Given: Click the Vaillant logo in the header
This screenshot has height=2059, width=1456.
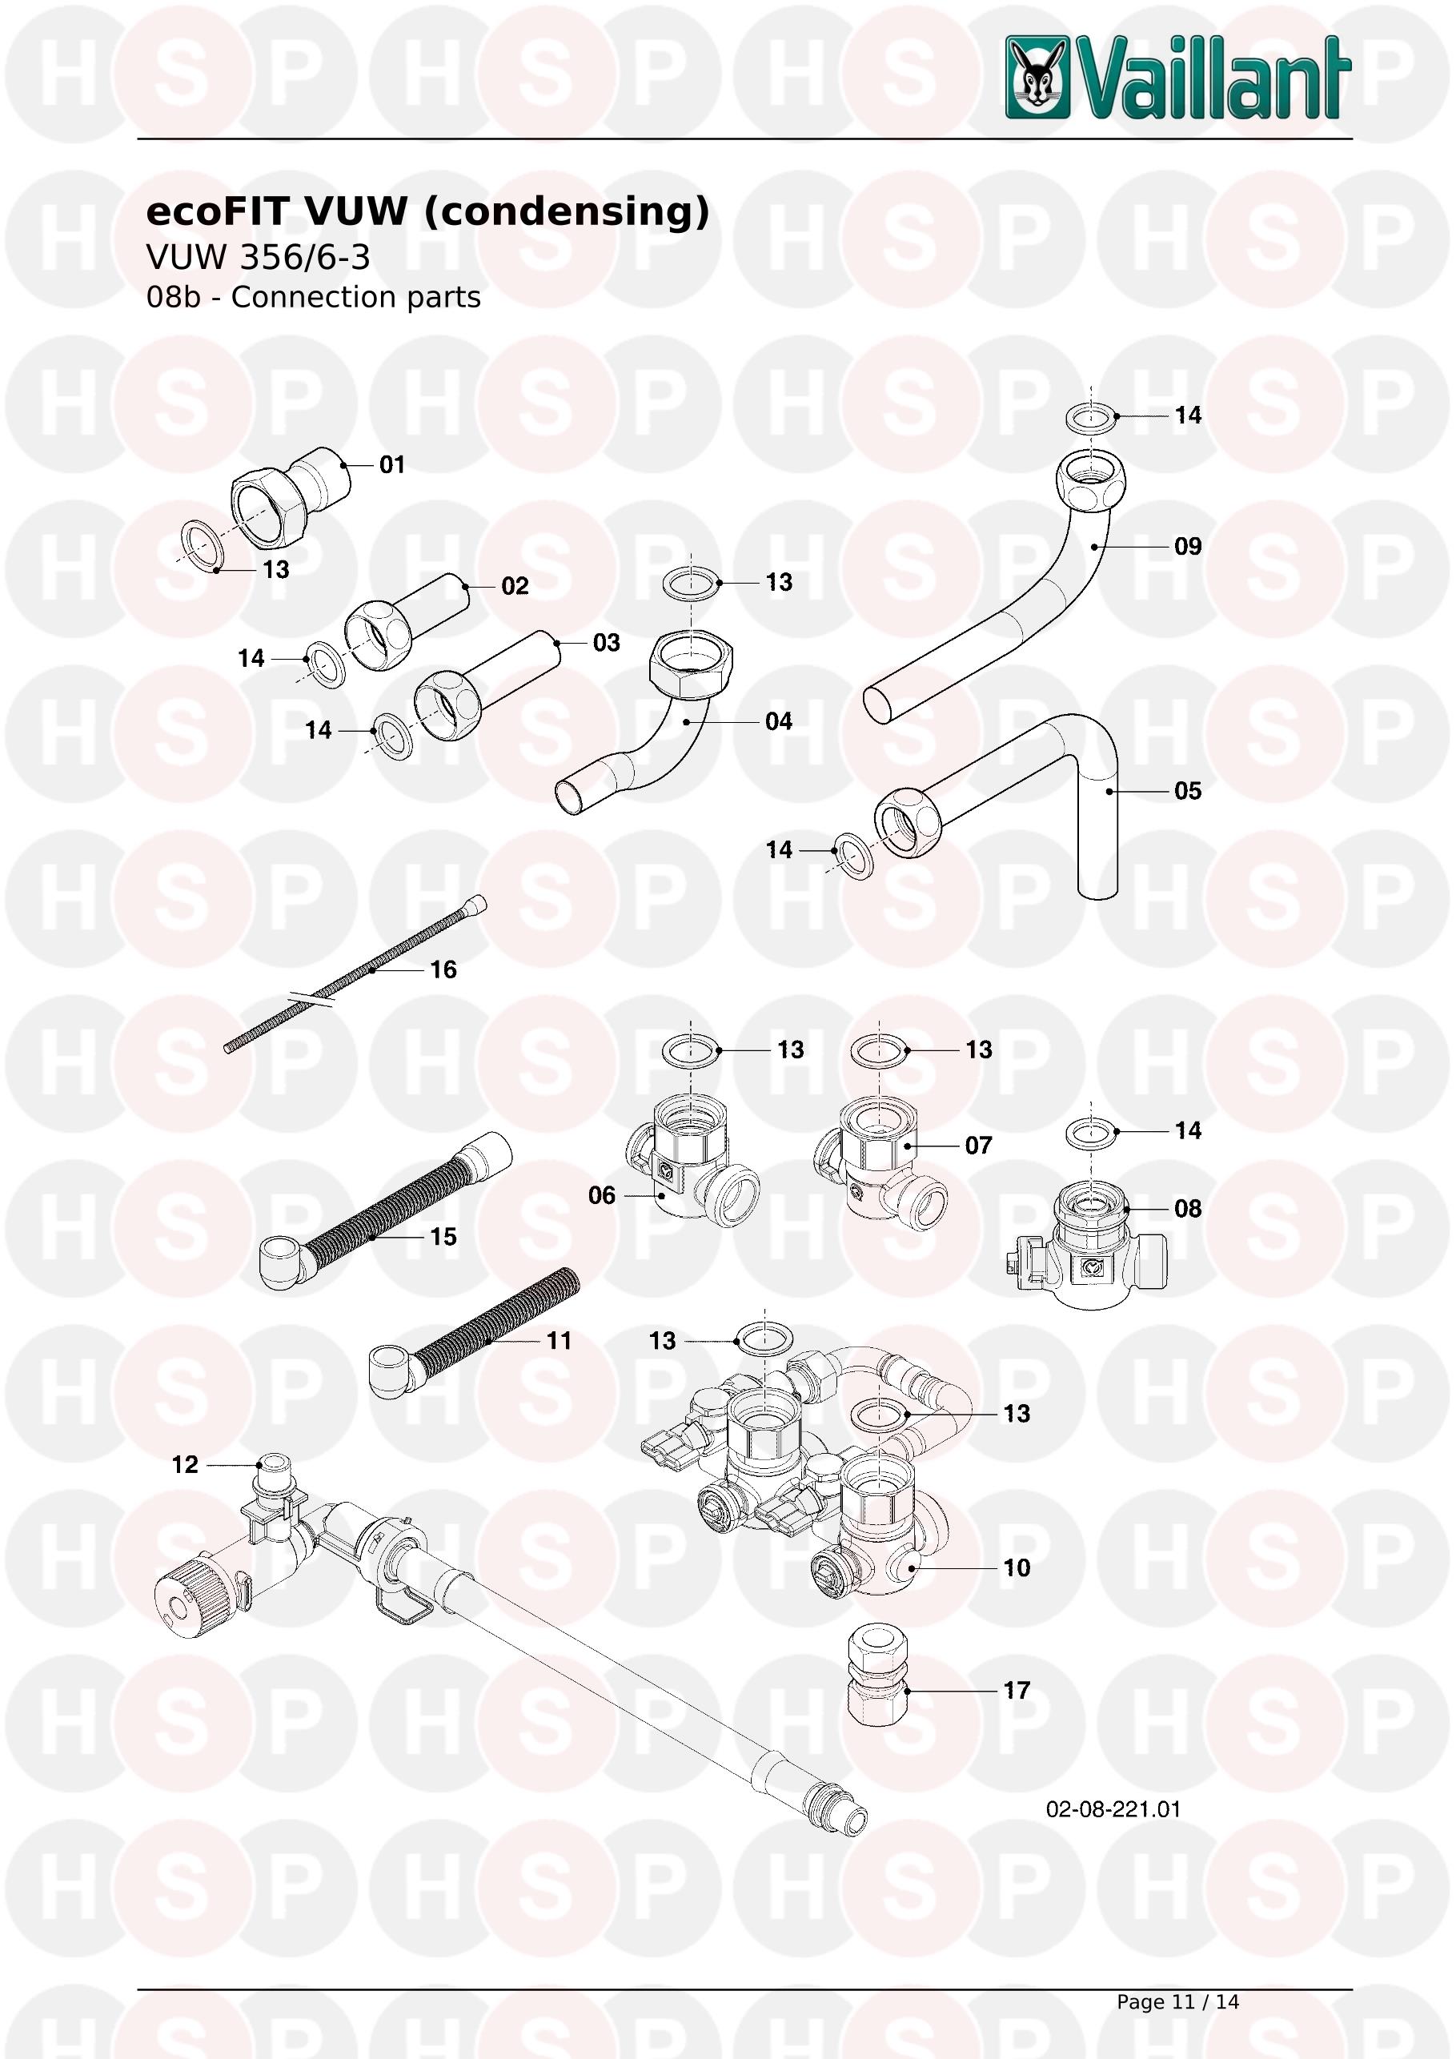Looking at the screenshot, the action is coord(1177,77).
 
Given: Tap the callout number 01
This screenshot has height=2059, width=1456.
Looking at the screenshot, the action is coord(391,464).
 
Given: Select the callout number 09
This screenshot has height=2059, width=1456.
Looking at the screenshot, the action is coord(1188,546).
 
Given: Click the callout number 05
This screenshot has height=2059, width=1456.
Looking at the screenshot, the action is coord(1188,790).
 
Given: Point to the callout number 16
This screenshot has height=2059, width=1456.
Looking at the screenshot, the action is coord(443,969).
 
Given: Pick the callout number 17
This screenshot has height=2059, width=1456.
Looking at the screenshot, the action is coord(1017,1691).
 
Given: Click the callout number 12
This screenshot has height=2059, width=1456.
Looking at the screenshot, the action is coord(185,1464).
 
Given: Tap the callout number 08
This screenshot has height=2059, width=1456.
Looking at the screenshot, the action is coord(1188,1208).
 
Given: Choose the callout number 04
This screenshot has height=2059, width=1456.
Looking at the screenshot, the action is coord(778,721).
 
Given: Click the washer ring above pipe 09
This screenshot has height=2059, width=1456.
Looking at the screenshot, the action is coord(1091,416).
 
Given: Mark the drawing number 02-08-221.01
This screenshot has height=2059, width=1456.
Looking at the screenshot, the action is coord(1113,1808).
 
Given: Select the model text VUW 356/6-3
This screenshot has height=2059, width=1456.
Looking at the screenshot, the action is coord(259,258).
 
